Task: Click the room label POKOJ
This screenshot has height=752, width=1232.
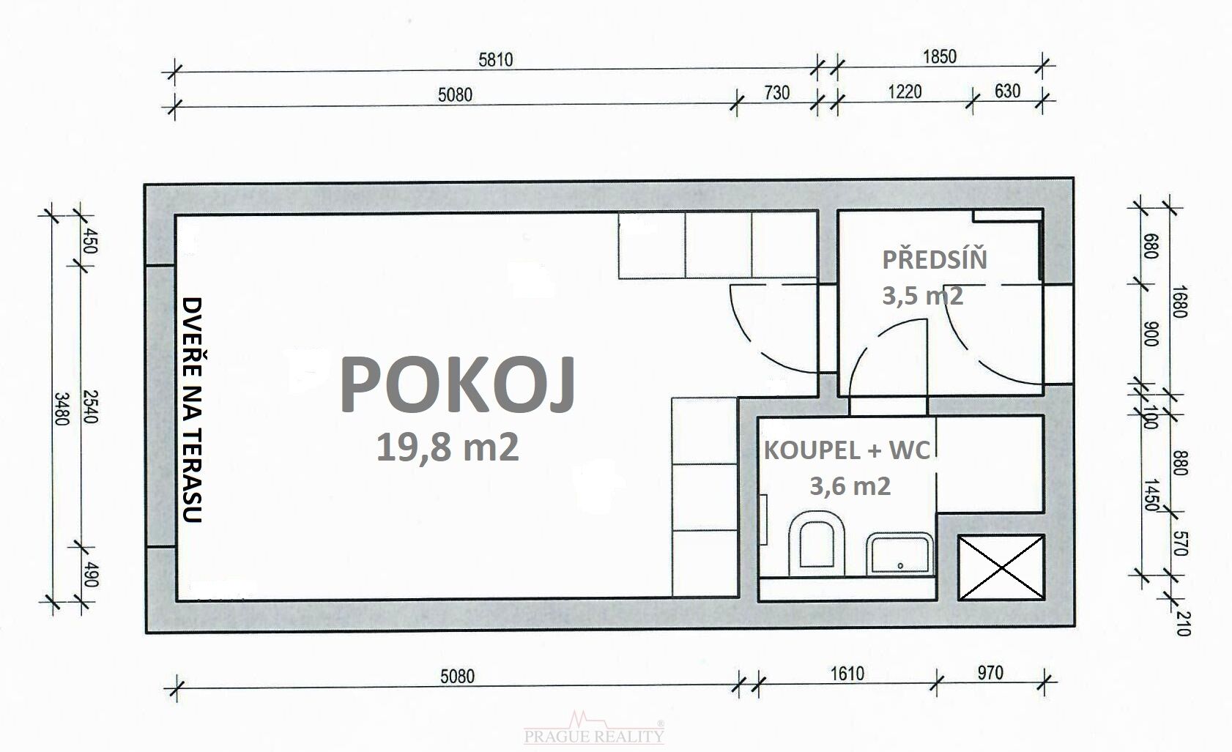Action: [458, 384]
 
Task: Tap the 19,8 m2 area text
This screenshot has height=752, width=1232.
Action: [447, 447]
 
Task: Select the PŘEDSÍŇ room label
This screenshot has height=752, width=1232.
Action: [935, 260]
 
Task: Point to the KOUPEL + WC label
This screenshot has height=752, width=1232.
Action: [847, 451]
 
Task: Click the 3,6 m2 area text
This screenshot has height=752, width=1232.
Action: [850, 486]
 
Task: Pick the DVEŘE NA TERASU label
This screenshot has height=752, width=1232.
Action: [192, 409]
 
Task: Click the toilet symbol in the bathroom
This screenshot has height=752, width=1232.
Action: [816, 544]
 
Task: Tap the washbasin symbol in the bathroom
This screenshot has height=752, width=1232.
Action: [899, 554]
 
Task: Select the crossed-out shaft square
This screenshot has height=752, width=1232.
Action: [1001, 567]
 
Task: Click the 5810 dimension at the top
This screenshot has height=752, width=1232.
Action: [495, 59]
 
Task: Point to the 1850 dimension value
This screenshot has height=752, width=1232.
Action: [940, 56]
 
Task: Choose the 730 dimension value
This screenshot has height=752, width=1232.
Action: [776, 92]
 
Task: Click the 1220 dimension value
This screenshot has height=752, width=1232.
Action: [905, 92]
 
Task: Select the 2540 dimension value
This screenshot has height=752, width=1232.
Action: [89, 407]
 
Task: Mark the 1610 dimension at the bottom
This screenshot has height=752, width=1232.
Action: [847, 674]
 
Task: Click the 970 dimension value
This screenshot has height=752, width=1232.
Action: [990, 673]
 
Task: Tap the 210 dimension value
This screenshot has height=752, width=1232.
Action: [1182, 624]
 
